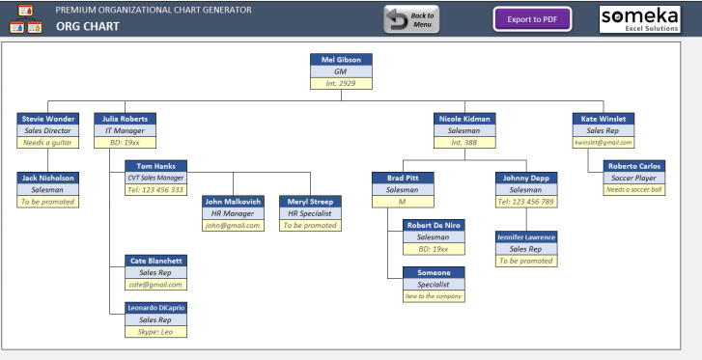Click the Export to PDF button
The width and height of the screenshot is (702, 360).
click(x=532, y=18)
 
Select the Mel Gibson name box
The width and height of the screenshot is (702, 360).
click(x=341, y=60)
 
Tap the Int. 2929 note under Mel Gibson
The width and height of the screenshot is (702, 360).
click(x=341, y=83)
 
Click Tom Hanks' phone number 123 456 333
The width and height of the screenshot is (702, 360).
click(x=155, y=189)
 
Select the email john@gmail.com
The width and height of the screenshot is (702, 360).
click(x=233, y=225)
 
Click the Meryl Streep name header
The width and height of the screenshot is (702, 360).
click(x=309, y=202)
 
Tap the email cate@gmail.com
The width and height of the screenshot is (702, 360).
click(x=155, y=284)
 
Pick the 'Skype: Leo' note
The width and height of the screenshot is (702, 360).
click(x=155, y=331)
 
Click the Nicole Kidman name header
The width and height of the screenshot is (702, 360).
click(x=464, y=119)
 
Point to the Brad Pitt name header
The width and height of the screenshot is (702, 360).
click(x=403, y=179)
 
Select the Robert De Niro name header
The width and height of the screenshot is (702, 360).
click(x=434, y=225)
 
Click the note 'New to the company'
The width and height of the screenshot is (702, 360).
click(x=434, y=295)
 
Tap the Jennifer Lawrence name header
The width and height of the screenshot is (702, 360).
click(x=526, y=236)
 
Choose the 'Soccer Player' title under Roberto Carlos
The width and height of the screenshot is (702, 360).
click(x=634, y=178)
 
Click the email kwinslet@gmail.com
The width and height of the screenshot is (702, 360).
click(x=603, y=142)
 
